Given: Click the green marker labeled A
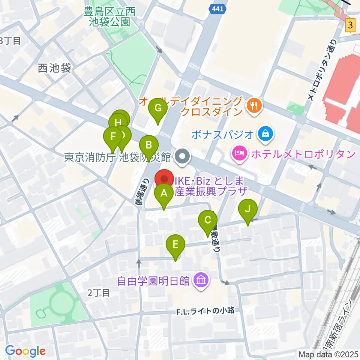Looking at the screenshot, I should (x=164, y=195).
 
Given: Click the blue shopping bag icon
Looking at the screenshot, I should (x=265, y=133).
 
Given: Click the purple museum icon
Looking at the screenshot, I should (x=201, y=280).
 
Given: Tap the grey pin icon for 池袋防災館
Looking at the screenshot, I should (x=183, y=156).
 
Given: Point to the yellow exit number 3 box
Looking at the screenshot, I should (x=350, y=25).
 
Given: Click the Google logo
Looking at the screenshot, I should (x=25, y=351).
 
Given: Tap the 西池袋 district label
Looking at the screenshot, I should (x=54, y=68).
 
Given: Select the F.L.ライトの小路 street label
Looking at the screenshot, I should (x=206, y=310).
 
